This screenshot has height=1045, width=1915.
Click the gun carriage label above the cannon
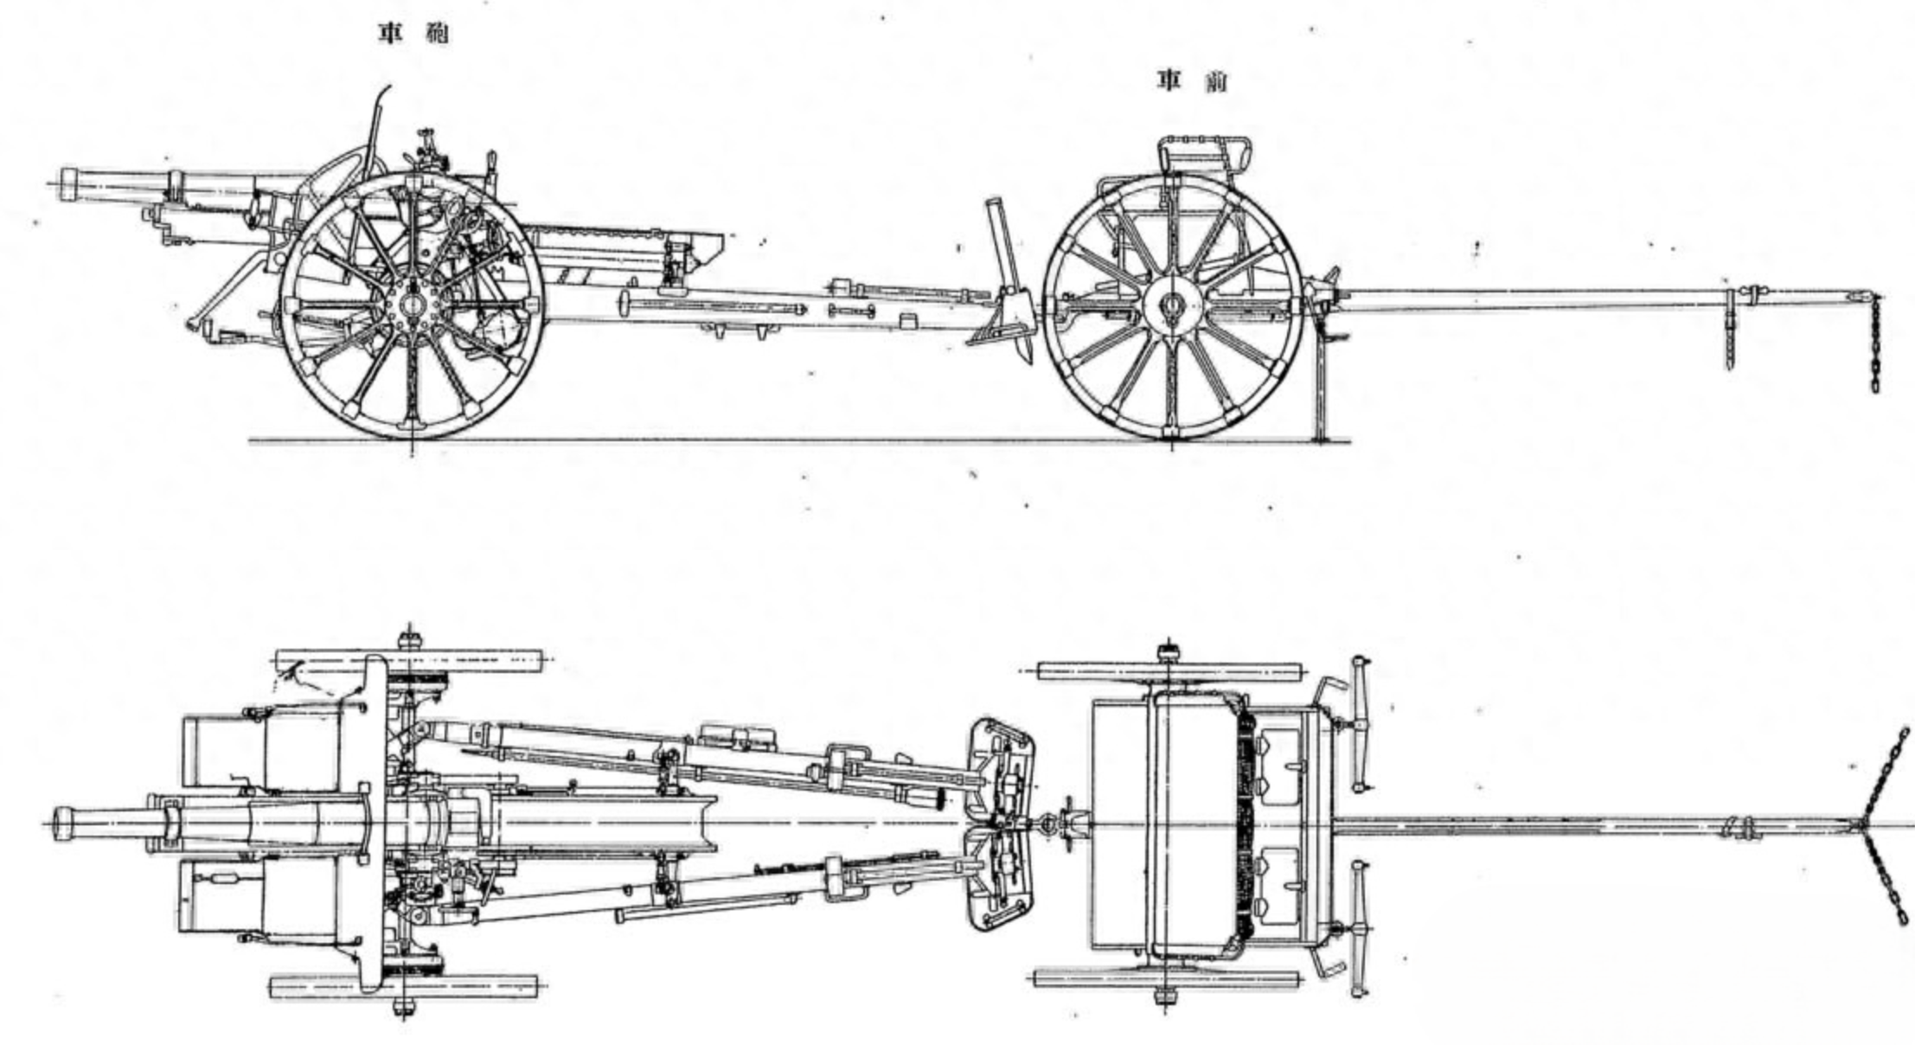coord(413,35)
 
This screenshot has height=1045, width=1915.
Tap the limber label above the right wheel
coord(1192,82)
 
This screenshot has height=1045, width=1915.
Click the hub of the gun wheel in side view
coord(412,305)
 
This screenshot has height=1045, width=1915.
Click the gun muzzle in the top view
coord(62,822)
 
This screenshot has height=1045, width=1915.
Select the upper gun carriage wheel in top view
coord(407,661)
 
